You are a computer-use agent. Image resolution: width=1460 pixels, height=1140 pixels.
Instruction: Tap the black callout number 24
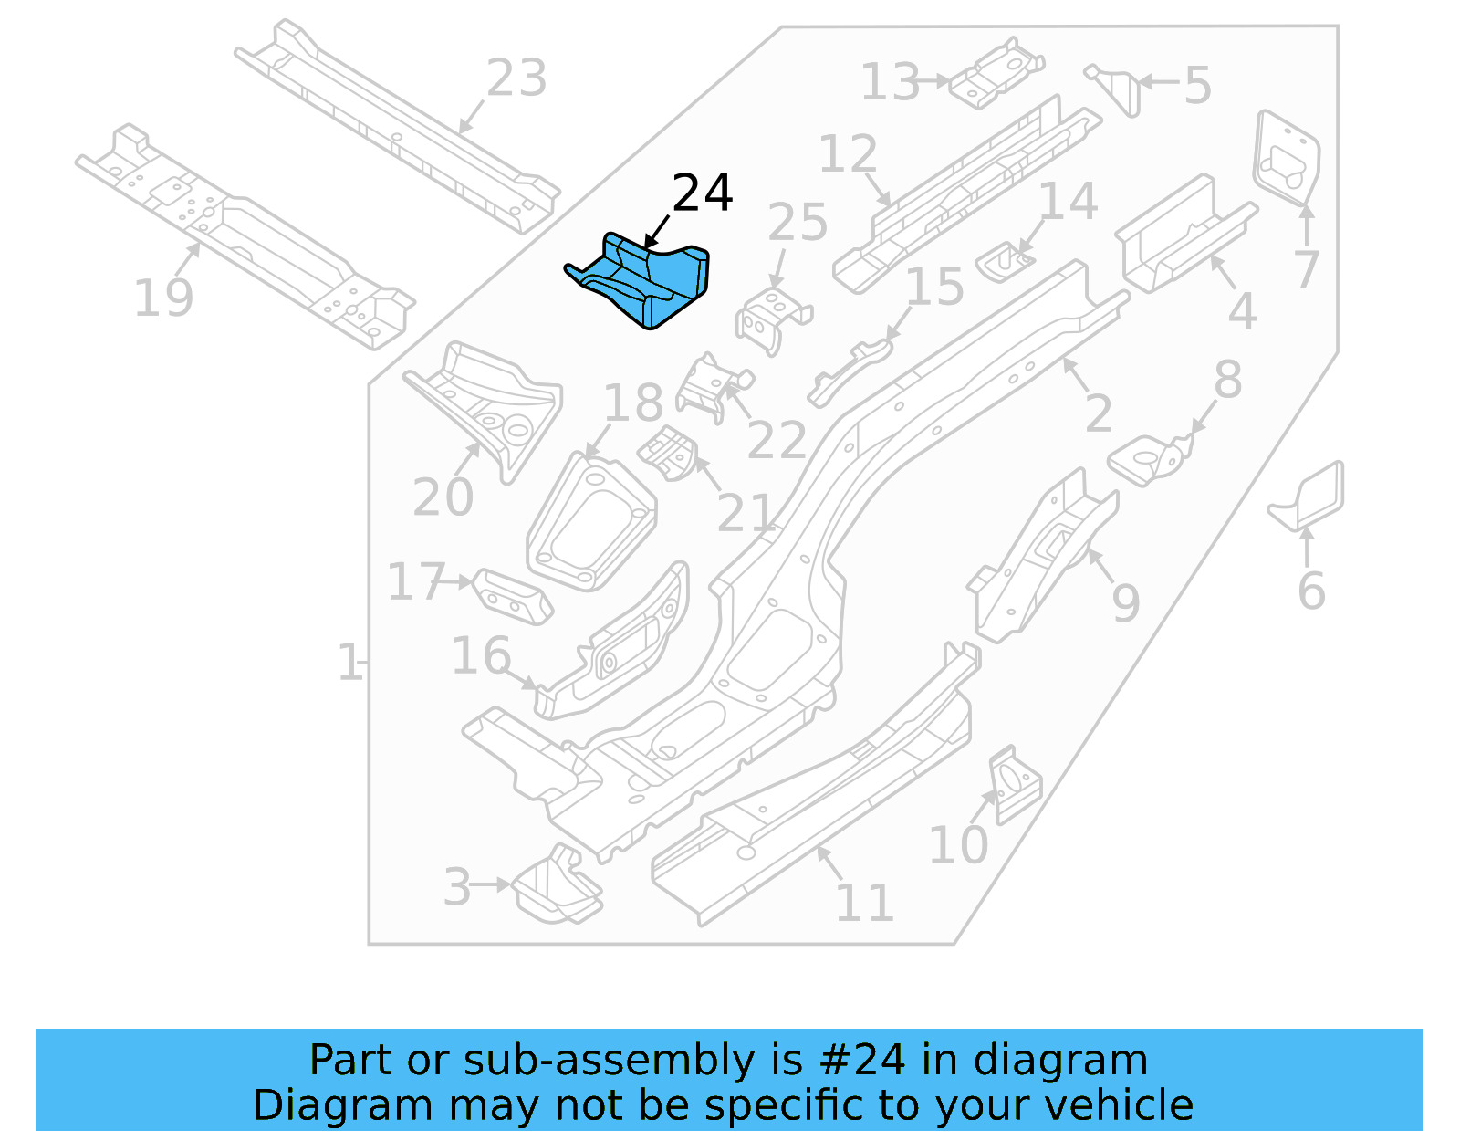[702, 193]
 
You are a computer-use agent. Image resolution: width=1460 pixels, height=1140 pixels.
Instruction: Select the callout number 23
[516, 78]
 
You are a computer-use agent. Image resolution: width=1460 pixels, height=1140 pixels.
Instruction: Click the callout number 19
[163, 298]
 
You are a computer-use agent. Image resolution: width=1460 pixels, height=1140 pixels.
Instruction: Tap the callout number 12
[848, 154]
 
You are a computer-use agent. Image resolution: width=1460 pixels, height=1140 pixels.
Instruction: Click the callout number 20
[443, 497]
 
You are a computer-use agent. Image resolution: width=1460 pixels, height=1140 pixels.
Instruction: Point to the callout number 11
[863, 903]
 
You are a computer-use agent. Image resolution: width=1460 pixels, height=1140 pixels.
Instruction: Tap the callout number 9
[1125, 602]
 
